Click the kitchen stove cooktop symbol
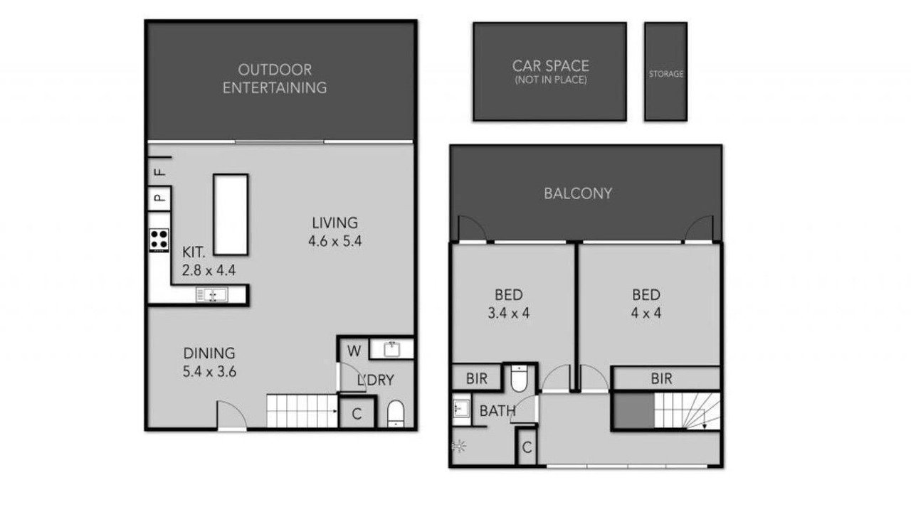pos(159,240)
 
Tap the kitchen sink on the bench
pos(212,294)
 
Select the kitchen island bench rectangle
pos(231,215)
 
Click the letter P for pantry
pos(159,198)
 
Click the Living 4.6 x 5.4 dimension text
pos(335,232)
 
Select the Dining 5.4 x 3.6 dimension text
pos(209,363)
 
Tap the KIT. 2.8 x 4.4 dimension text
pos(209,261)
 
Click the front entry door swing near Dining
pos(231,415)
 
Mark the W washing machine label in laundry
pos(354,351)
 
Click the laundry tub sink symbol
pos(391,349)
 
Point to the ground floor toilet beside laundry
pos(395,414)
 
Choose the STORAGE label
pos(665,74)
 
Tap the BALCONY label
pos(578,193)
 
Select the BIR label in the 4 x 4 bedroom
pos(661,379)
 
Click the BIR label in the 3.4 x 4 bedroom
pos(477,379)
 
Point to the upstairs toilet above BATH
pos(519,378)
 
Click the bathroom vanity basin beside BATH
pos(461,408)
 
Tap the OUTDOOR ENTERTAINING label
pos(275,79)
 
